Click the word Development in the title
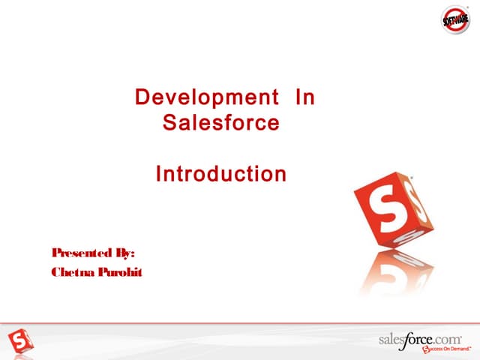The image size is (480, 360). (202, 97)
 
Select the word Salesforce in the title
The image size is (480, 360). (220, 121)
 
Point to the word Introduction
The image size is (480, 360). (220, 175)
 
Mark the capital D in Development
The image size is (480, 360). (141, 97)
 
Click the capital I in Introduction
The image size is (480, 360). (158, 175)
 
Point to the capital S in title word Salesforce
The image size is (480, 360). (169, 121)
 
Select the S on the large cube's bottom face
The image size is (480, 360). (402, 238)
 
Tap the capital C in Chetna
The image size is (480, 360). (56, 271)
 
